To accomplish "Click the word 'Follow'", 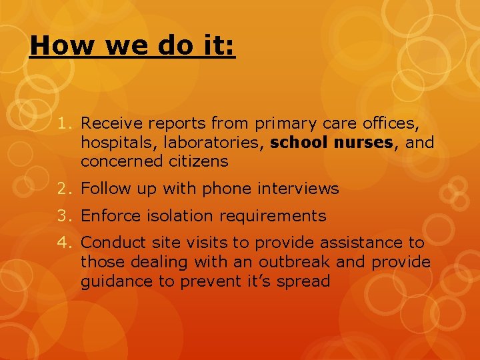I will click(103, 189).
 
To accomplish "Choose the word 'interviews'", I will click(299, 189).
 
